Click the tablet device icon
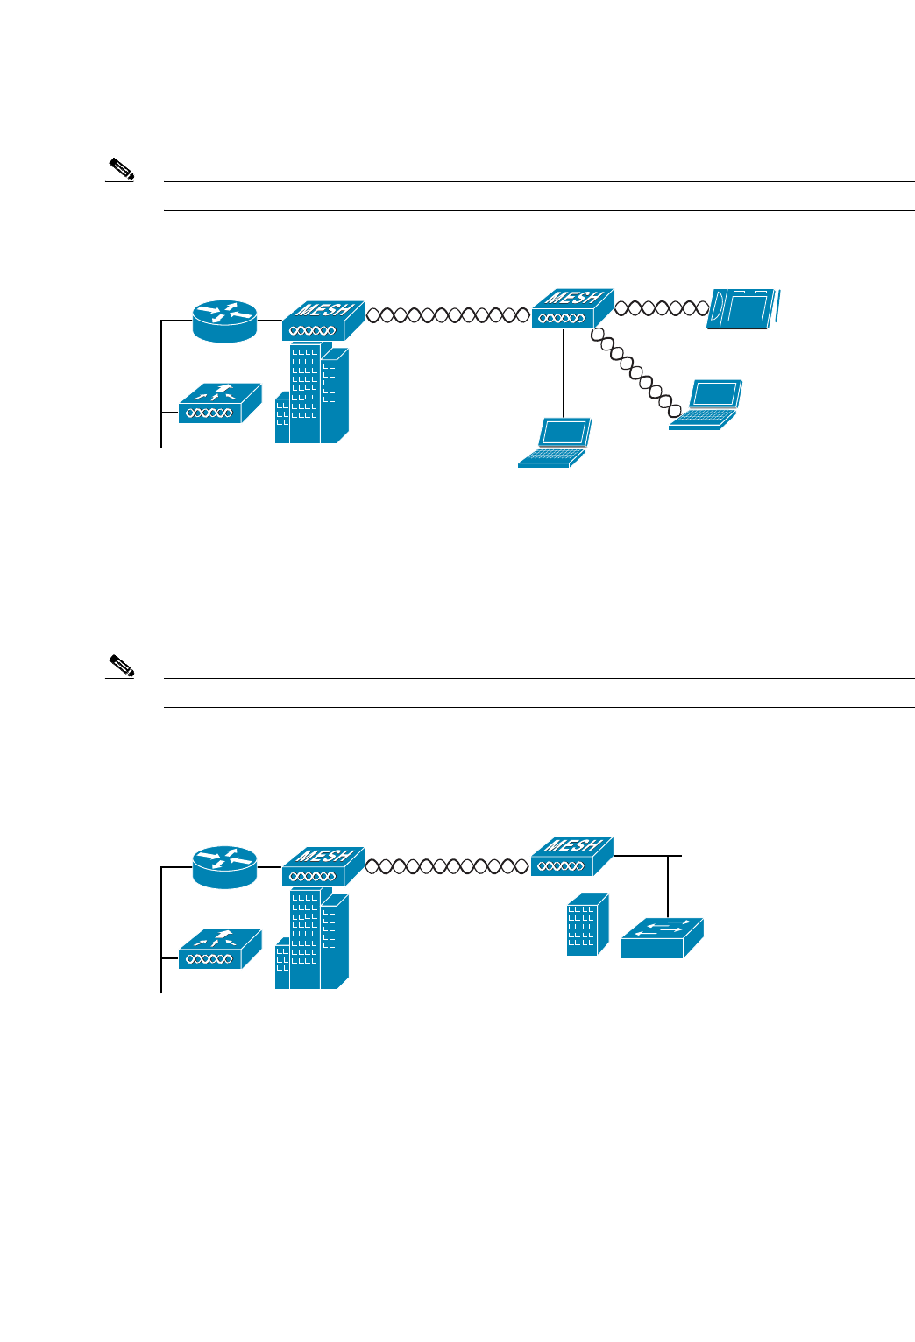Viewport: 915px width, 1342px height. (745, 308)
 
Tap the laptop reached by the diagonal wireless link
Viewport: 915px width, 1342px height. (706, 405)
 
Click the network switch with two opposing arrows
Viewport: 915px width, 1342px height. (663, 938)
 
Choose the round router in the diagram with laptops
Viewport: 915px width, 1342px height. (225, 321)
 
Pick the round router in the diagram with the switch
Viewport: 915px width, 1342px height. (225, 866)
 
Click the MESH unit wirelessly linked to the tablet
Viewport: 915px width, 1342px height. (572, 309)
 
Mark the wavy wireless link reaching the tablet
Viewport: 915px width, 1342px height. (662, 307)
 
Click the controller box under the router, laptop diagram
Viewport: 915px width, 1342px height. (220, 404)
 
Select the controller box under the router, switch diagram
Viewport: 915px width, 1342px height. (220, 949)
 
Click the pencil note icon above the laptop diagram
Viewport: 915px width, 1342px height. (121, 169)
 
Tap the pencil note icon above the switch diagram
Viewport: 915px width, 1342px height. (121, 666)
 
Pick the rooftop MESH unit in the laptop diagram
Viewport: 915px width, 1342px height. (323, 321)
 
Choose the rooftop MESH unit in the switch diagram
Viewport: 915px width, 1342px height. (323, 866)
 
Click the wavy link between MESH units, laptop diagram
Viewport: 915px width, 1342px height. (448, 314)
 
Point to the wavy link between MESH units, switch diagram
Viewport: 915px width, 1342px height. (448, 866)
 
